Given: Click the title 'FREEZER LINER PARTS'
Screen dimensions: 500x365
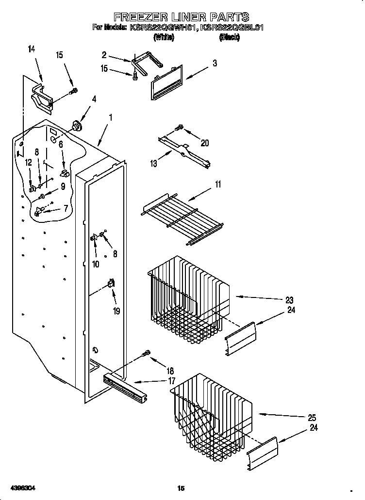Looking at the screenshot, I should point(181,18).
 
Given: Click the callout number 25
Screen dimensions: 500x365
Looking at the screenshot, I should point(312,418).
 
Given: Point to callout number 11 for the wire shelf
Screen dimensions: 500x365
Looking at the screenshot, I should point(218,184).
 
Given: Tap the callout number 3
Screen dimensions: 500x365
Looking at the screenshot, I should point(214,63).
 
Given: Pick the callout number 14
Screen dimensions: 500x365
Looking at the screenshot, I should point(32,48).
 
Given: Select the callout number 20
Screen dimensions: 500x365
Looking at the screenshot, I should point(204,142).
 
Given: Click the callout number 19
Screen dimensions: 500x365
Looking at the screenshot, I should point(116,311).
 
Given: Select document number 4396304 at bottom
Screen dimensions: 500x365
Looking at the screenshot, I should point(21,487).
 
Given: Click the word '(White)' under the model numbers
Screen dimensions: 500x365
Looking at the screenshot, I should point(164,37).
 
